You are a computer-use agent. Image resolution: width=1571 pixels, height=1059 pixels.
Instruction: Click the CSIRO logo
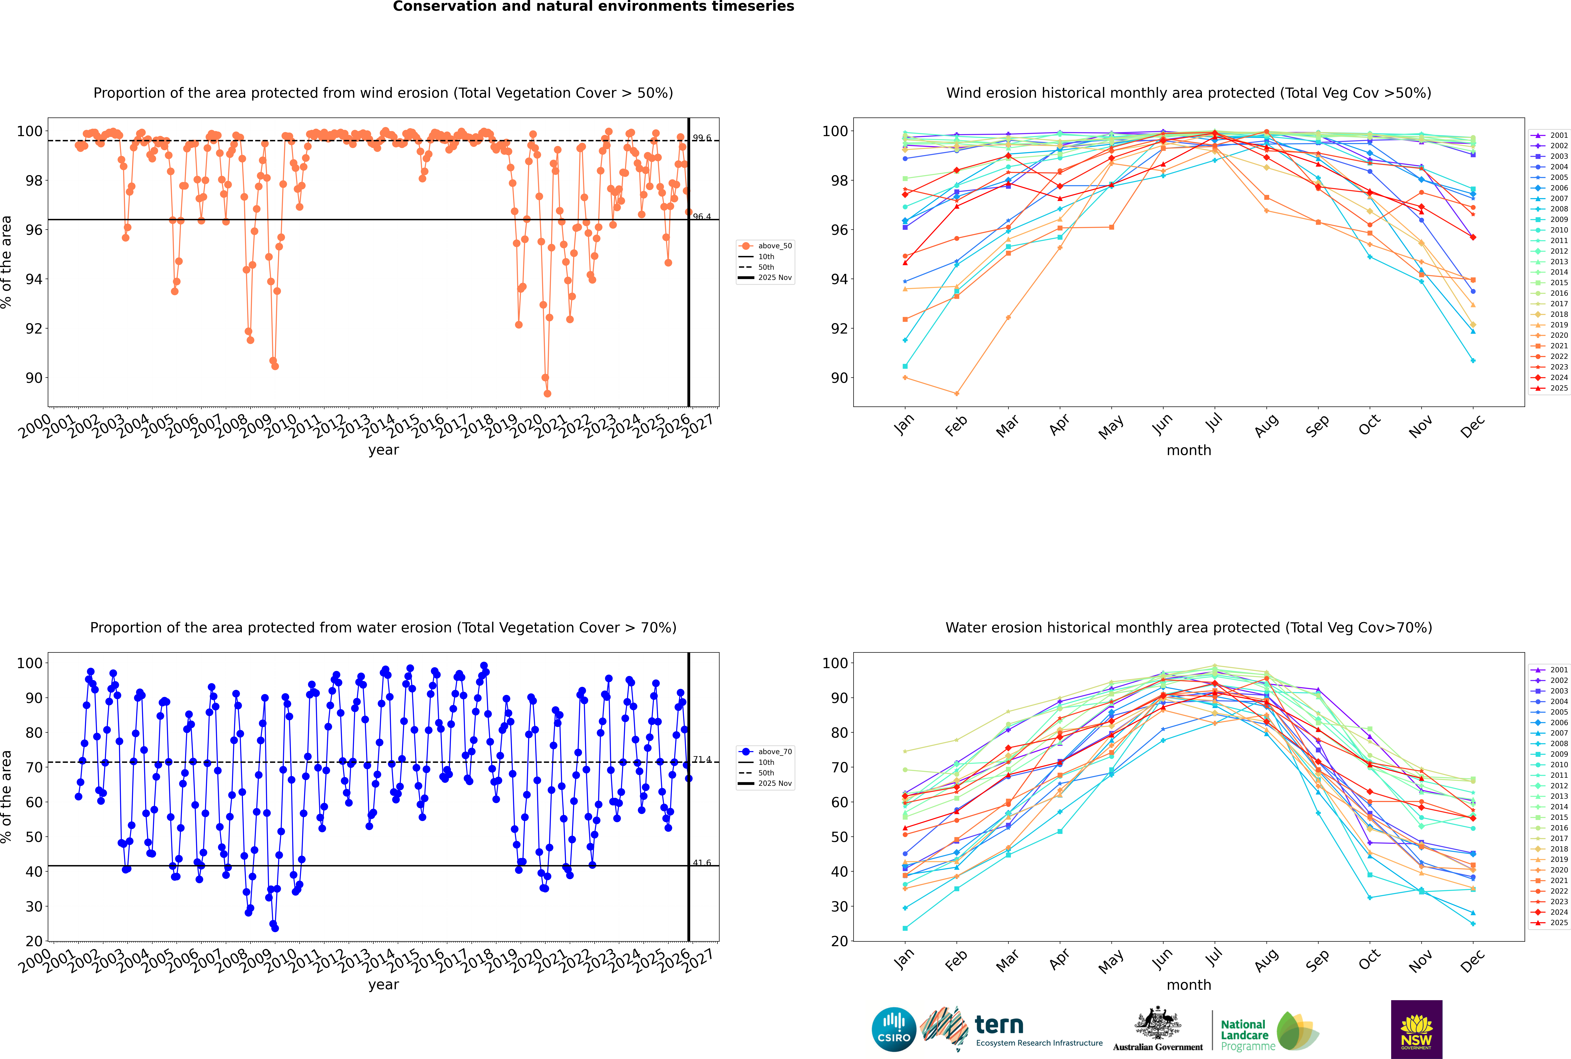894,1029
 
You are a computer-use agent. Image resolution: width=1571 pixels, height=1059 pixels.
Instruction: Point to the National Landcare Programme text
1245,1035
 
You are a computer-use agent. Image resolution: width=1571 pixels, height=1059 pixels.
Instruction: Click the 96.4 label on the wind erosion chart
702,217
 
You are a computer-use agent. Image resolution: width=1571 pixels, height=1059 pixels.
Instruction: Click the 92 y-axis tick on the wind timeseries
34,329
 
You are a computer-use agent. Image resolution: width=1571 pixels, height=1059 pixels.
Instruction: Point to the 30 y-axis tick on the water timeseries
34,906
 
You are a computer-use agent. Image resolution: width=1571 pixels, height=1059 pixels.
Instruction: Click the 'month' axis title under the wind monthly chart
1189,451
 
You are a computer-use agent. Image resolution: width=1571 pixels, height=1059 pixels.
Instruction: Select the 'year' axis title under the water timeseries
384,985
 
